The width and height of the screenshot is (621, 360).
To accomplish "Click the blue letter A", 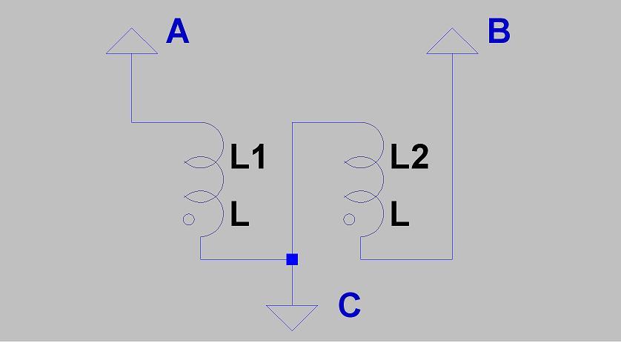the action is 177,31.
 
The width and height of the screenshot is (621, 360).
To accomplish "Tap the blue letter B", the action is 499,31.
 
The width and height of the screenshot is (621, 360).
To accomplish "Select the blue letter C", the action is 350,305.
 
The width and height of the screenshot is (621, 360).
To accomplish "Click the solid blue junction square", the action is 292,259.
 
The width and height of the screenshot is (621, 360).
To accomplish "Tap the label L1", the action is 248,157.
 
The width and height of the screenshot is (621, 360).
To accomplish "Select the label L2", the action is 410,157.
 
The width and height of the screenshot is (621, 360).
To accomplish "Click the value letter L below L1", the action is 239,214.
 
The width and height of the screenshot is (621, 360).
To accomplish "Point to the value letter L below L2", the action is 399,214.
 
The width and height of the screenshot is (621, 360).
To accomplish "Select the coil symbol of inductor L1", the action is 223,179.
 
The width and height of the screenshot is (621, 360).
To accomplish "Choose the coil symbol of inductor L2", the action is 383,179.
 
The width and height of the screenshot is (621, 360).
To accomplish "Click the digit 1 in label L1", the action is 259,157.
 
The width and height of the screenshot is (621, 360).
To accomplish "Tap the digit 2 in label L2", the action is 420,157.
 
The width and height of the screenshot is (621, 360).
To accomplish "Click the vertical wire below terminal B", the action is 452,156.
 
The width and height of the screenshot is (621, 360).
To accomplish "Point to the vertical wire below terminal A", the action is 132,88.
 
